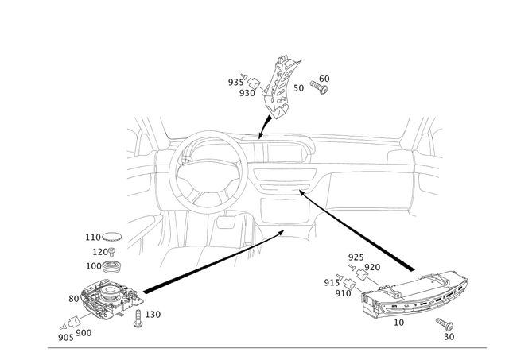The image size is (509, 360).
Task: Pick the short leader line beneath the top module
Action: (x=263, y=123)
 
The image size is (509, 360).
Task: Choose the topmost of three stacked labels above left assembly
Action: (x=103, y=236)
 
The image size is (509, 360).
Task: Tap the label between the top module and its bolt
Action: (x=299, y=85)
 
